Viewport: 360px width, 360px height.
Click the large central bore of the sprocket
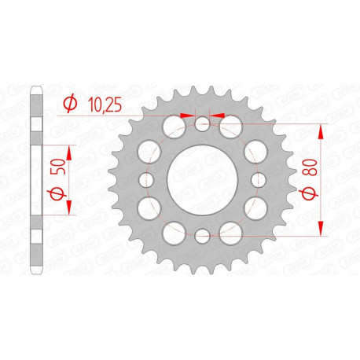203,180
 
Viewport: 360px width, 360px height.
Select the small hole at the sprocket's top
203,123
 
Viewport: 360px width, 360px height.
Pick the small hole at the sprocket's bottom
203,235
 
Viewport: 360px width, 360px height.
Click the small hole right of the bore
259,180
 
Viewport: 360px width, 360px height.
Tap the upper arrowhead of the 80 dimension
321,131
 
